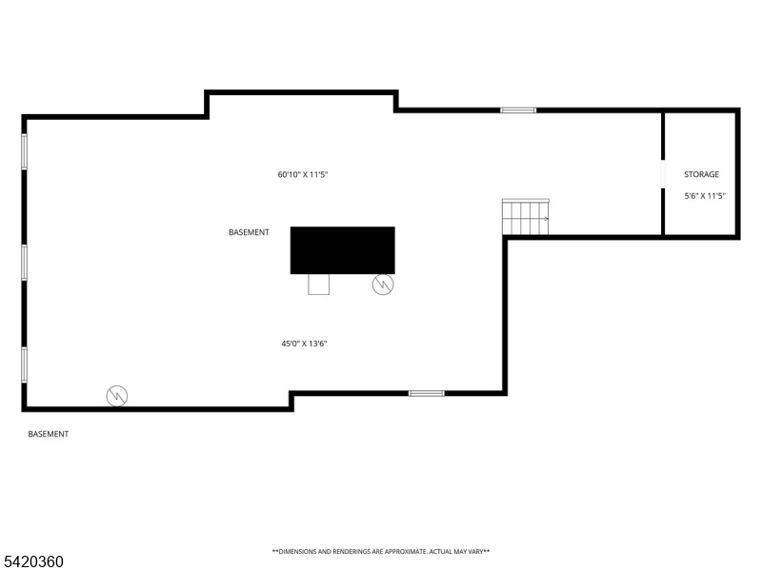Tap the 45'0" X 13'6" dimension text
click(x=305, y=344)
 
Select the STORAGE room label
click(x=701, y=174)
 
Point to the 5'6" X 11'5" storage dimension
click(x=705, y=196)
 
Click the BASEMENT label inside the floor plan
click(x=249, y=232)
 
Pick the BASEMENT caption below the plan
click(x=48, y=434)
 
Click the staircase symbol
click(x=527, y=218)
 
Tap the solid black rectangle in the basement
click(x=343, y=249)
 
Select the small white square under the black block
click(x=318, y=284)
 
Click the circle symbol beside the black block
click(x=383, y=284)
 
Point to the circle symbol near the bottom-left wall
click(x=117, y=395)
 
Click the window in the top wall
click(x=518, y=110)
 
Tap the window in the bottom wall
click(x=426, y=393)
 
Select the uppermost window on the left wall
click(x=25, y=151)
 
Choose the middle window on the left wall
click(x=25, y=262)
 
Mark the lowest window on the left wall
click(x=25, y=364)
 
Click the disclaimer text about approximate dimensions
click(x=381, y=551)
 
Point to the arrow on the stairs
click(x=546, y=219)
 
